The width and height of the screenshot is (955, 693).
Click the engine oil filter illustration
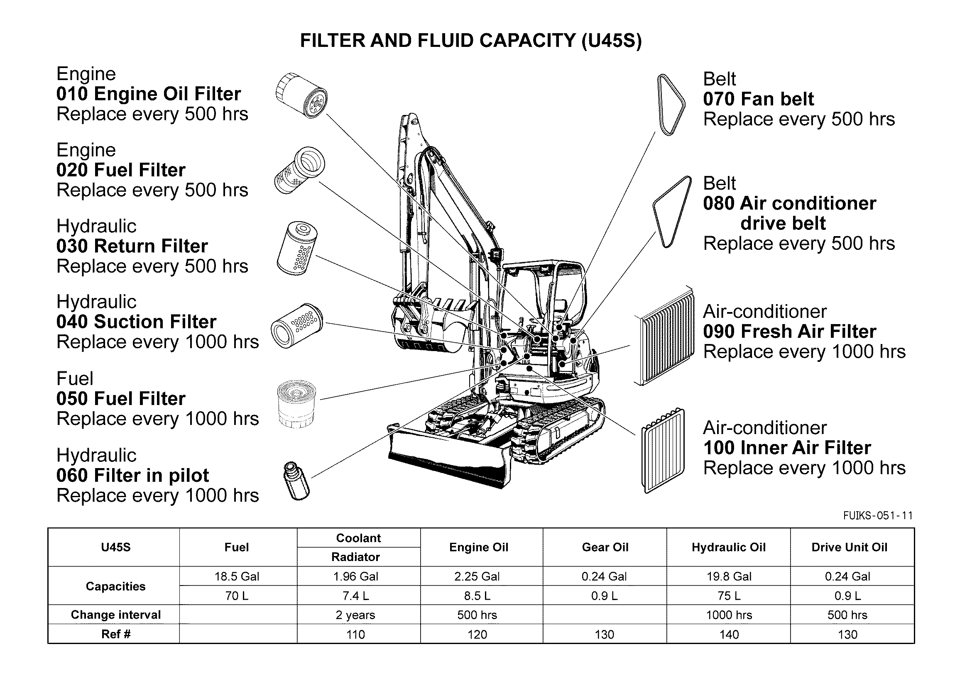301,95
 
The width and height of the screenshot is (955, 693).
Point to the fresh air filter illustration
664,335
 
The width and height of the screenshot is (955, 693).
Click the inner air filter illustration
663,450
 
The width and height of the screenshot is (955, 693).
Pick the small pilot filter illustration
296,481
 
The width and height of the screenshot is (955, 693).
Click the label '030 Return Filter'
132,246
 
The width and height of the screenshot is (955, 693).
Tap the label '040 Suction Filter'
137,322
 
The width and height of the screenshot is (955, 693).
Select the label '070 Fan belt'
758,99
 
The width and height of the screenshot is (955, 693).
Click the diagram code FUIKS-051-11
877,515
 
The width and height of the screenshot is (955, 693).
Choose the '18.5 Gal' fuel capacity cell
237,576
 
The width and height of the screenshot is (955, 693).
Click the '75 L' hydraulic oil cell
729,596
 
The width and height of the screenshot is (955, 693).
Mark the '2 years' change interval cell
355,615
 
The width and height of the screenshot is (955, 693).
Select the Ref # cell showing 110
355,634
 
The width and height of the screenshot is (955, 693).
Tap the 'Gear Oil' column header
605,547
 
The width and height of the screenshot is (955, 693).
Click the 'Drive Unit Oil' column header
849,547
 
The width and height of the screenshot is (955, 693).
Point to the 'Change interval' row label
116,615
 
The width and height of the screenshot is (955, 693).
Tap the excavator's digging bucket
429,326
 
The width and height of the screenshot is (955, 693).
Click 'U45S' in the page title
611,41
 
